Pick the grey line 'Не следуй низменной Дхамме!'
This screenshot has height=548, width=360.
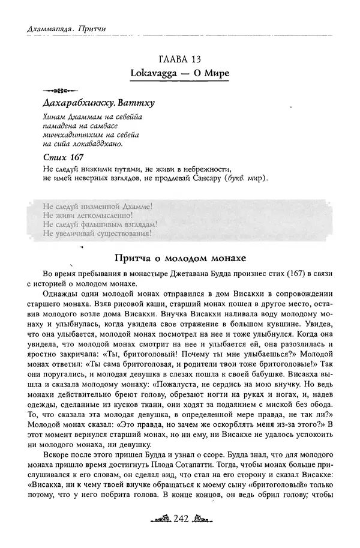point(98,205)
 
